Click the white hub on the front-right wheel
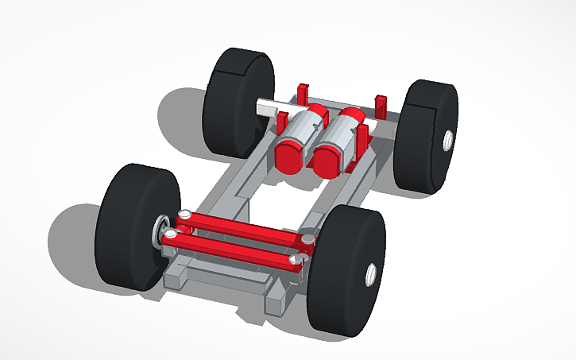pos(371,274)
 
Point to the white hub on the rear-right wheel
pos(447,141)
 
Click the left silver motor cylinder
pos(300,131)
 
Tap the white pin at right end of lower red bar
pos(295,259)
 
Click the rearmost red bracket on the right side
pos(381,103)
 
